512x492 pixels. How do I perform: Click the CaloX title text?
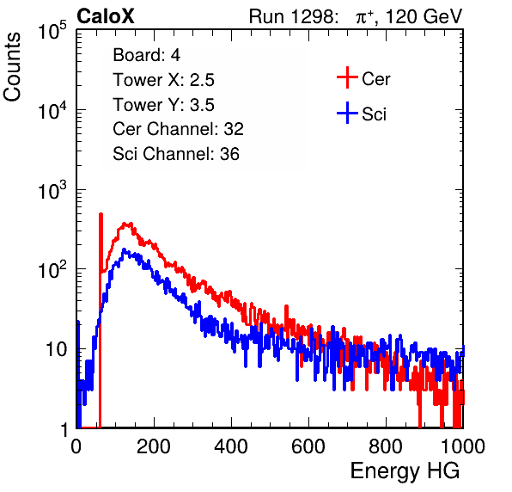106,16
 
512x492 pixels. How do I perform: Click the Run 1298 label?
293,16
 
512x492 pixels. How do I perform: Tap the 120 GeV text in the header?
424,16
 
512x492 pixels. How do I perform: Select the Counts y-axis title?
12,67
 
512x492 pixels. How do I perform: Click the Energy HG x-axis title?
405,471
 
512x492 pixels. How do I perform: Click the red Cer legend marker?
347,77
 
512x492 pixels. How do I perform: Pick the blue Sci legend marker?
347,114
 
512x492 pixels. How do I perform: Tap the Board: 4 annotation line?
146,55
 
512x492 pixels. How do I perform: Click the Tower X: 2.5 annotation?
163,80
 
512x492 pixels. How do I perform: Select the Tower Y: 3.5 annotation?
163,105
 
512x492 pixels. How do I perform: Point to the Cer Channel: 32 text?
179,129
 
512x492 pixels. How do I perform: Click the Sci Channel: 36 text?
176,154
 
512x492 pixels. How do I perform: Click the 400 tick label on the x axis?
231,446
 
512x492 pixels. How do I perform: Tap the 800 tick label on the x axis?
386,446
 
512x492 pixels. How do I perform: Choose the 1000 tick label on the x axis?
463,446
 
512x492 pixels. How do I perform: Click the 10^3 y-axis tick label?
52,190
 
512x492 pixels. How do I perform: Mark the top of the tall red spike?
101,214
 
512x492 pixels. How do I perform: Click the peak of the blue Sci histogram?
124,249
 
